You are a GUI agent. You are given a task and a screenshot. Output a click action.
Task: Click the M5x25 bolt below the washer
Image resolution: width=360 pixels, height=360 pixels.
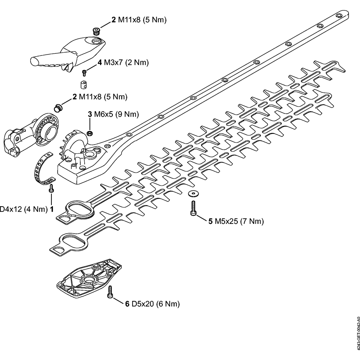[x=193, y=209]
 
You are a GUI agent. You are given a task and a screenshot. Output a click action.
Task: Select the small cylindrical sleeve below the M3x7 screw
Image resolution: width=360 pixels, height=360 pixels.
[x=83, y=85]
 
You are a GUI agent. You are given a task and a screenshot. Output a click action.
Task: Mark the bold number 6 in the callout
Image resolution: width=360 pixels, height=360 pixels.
[x=127, y=304]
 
